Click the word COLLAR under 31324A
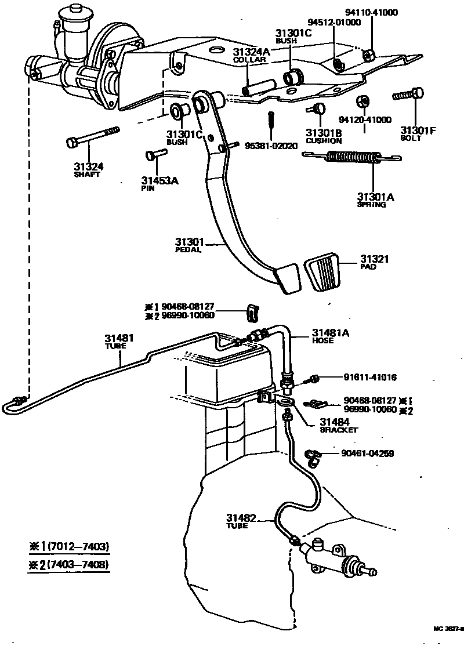pos(249,60)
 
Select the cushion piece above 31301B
pos(317,109)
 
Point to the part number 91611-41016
pos(369,378)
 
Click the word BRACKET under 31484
pos(339,430)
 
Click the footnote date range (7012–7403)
pos(78,546)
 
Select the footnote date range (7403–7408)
pos(78,564)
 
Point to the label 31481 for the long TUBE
pos(119,338)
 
